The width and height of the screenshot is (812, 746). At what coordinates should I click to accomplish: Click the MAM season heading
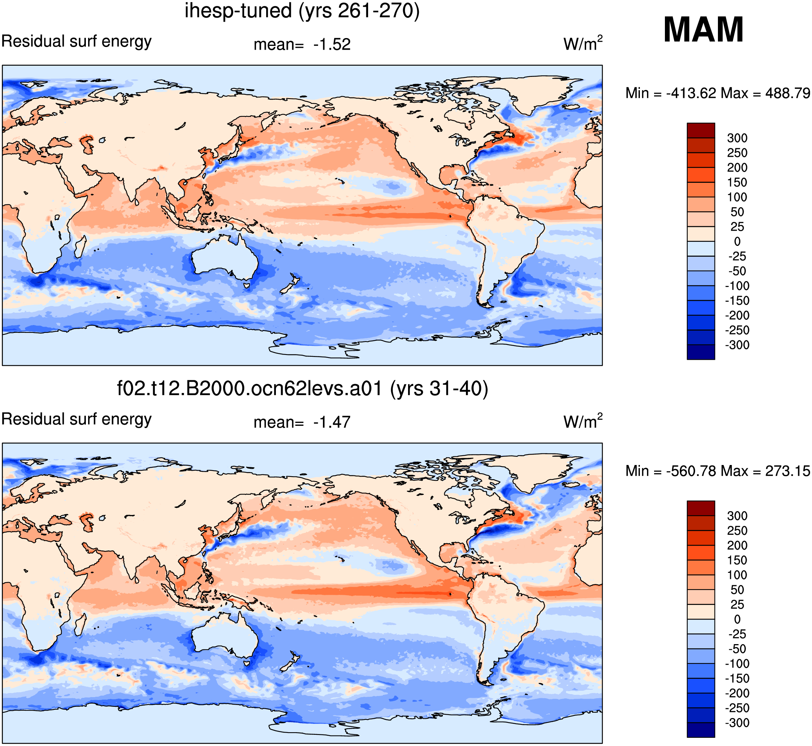point(703,29)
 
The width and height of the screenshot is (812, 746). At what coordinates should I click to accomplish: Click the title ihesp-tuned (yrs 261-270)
point(302,11)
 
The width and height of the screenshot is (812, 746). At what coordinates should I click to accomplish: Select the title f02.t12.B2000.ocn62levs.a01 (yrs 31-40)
point(302,389)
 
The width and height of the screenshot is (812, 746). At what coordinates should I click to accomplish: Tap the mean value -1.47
point(332,422)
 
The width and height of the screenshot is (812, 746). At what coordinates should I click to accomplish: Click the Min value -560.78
point(691,471)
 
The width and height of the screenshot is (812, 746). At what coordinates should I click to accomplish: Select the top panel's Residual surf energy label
point(76,41)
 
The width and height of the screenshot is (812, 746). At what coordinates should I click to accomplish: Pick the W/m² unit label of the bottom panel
point(583,421)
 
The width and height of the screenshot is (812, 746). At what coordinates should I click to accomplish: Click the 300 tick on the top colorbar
point(737,138)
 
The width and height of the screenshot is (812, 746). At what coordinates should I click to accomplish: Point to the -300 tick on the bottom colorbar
point(737,722)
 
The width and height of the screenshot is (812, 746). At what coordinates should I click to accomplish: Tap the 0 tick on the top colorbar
point(737,241)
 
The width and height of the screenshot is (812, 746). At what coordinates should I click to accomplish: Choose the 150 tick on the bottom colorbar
point(737,560)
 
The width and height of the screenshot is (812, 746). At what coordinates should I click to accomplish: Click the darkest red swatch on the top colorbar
point(701,130)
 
